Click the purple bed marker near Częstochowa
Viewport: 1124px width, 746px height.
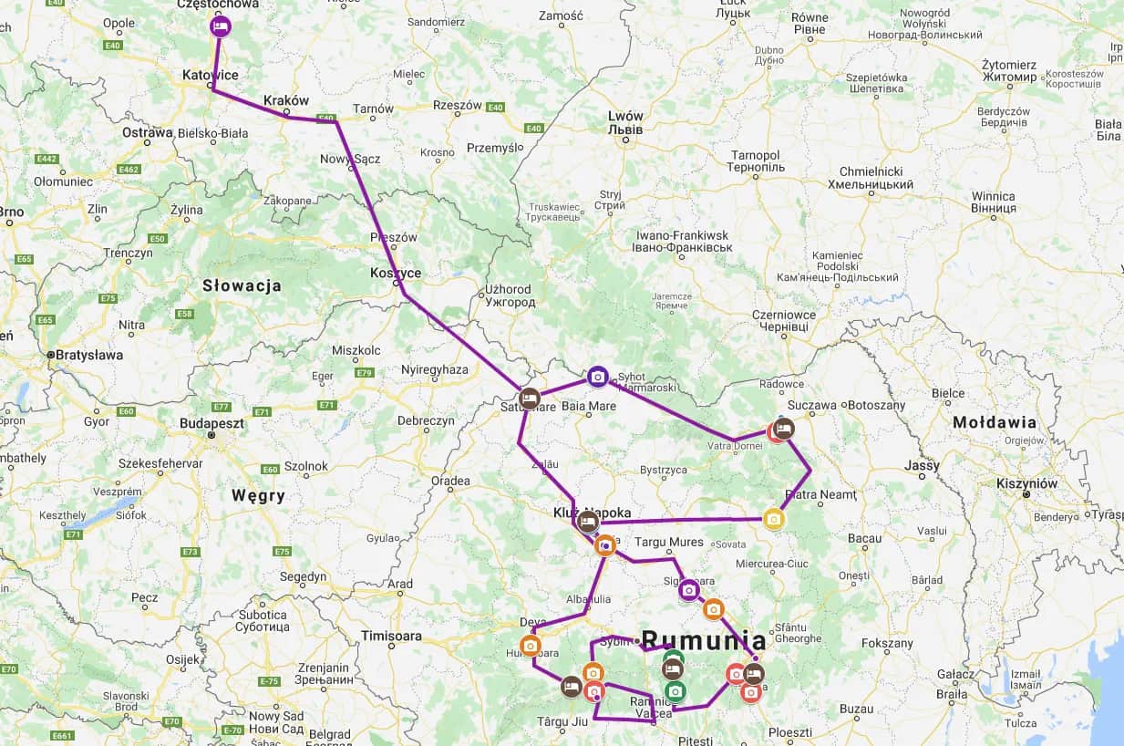click(x=220, y=26)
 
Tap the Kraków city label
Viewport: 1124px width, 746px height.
click(x=285, y=100)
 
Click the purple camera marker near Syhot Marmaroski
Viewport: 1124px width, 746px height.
click(x=597, y=376)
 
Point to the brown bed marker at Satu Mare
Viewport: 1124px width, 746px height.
click(x=530, y=399)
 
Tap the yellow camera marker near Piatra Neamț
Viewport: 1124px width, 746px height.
click(x=774, y=519)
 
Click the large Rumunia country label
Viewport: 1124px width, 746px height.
click(x=704, y=639)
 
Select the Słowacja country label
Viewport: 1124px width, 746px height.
click(x=241, y=285)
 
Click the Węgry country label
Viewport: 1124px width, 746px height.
click(x=258, y=496)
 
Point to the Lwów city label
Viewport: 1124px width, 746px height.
click(x=625, y=122)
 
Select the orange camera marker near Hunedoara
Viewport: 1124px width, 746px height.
click(x=531, y=645)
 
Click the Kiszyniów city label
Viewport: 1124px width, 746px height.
click(x=1027, y=483)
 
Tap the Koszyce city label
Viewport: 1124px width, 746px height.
click(x=396, y=273)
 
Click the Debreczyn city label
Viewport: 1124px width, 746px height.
click(x=426, y=420)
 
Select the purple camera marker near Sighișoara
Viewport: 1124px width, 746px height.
click(x=689, y=590)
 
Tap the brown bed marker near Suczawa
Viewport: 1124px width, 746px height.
click(x=784, y=429)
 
